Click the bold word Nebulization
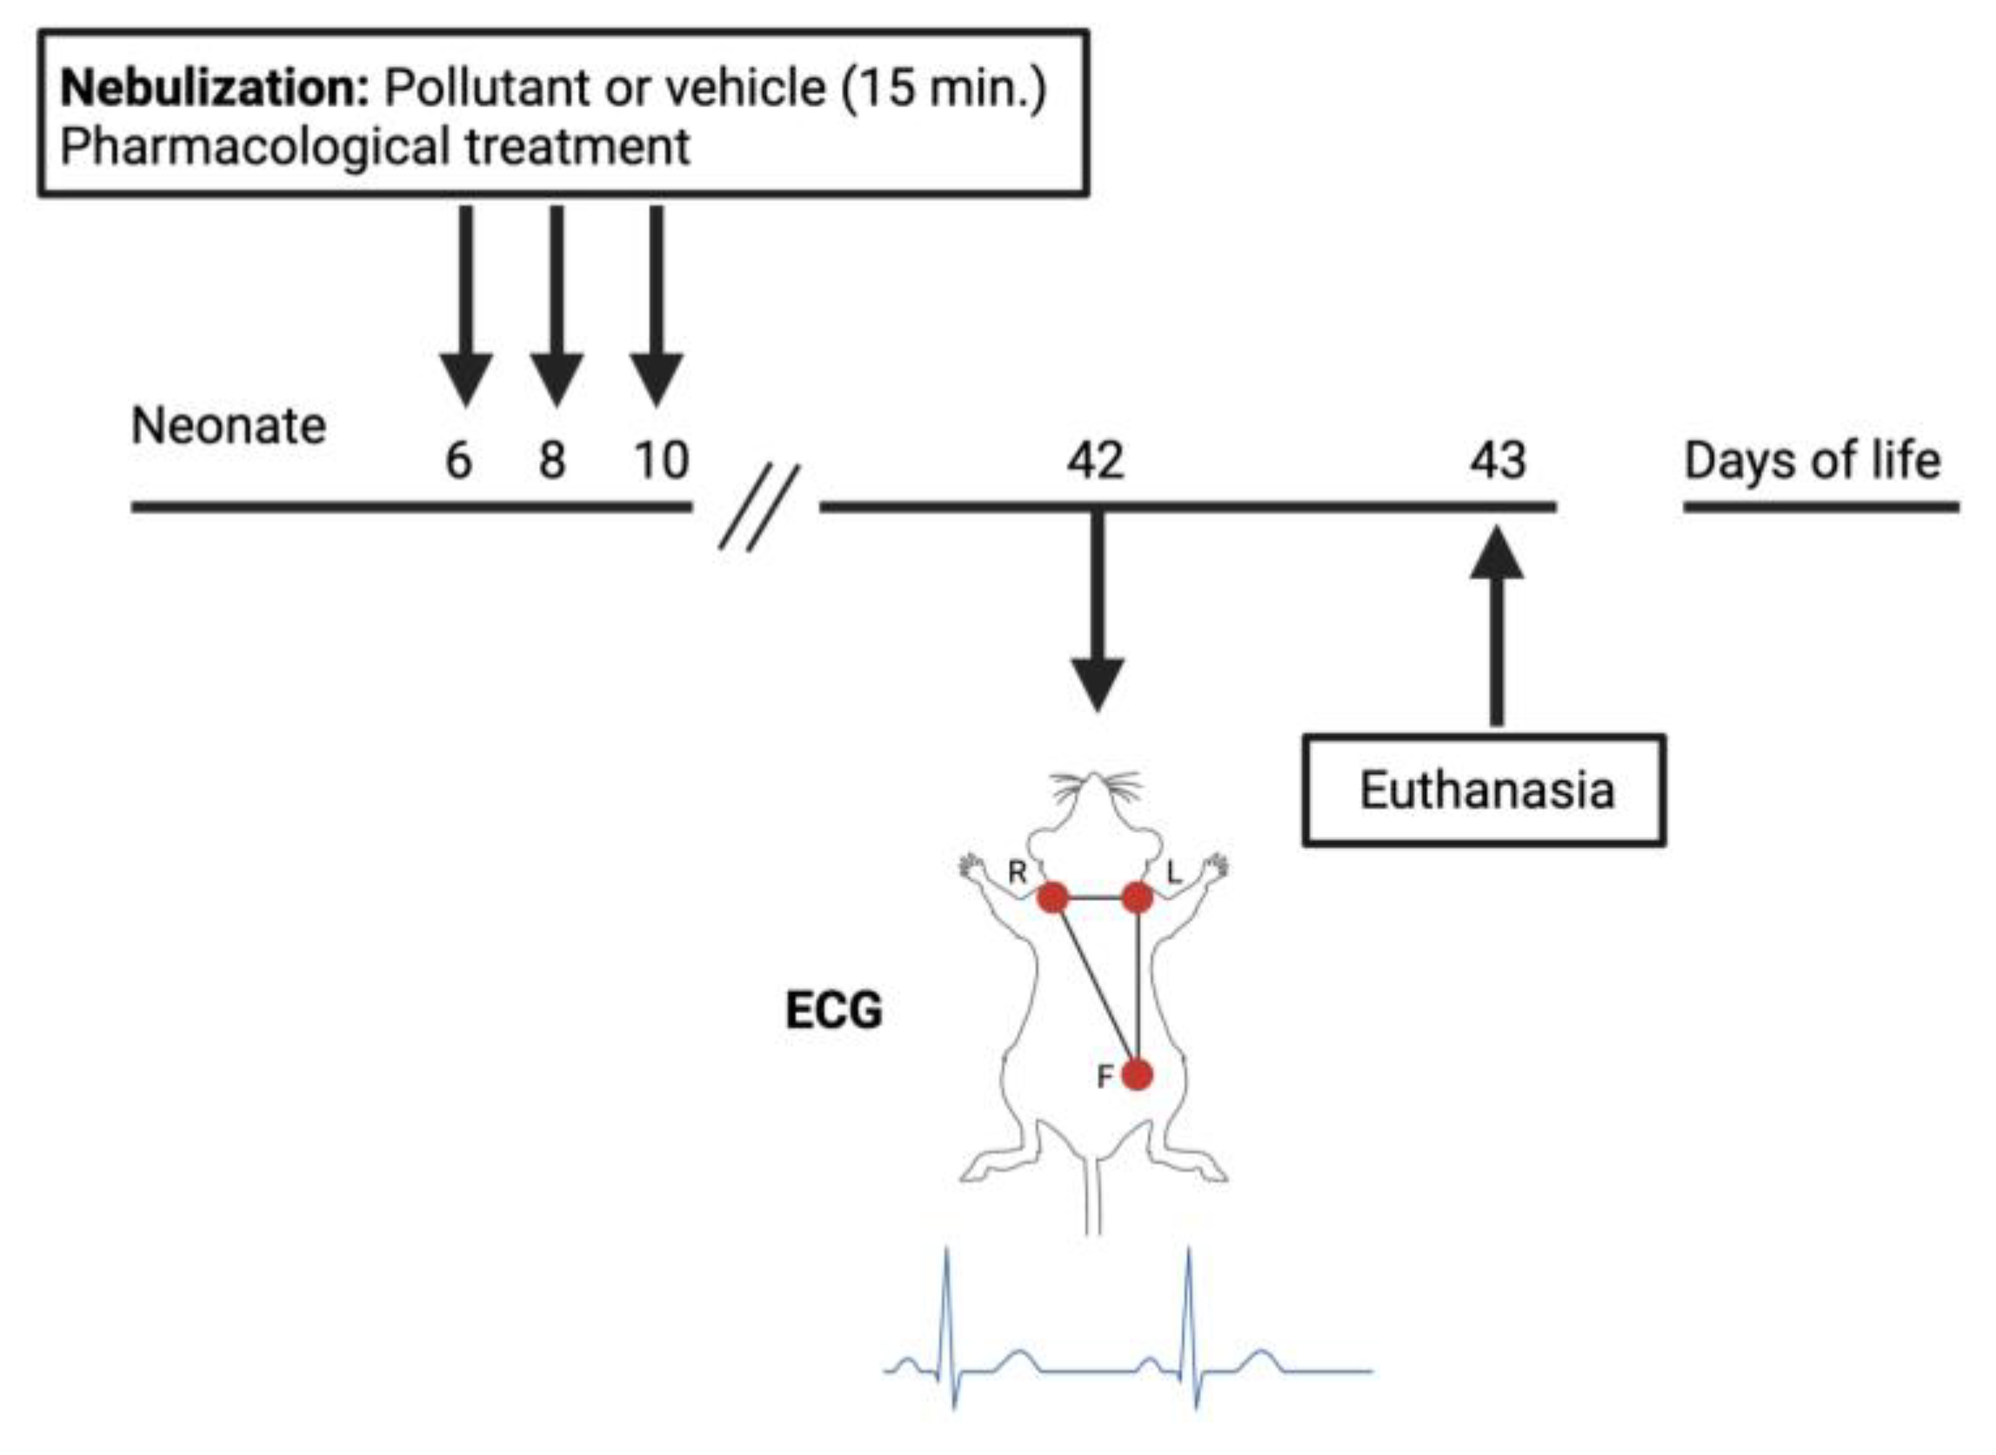214,89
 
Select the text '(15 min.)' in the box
944,89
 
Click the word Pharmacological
256,147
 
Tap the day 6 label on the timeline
458,461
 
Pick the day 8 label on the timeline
552,461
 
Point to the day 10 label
662,461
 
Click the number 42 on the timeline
1095,461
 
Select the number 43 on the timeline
1498,461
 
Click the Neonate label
229,427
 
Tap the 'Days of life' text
1812,461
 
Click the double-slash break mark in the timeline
759,508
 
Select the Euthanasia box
1485,790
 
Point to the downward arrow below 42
1097,617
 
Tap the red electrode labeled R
1052,898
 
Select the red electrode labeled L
1138,898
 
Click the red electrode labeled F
1138,1076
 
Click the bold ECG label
833,1011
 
